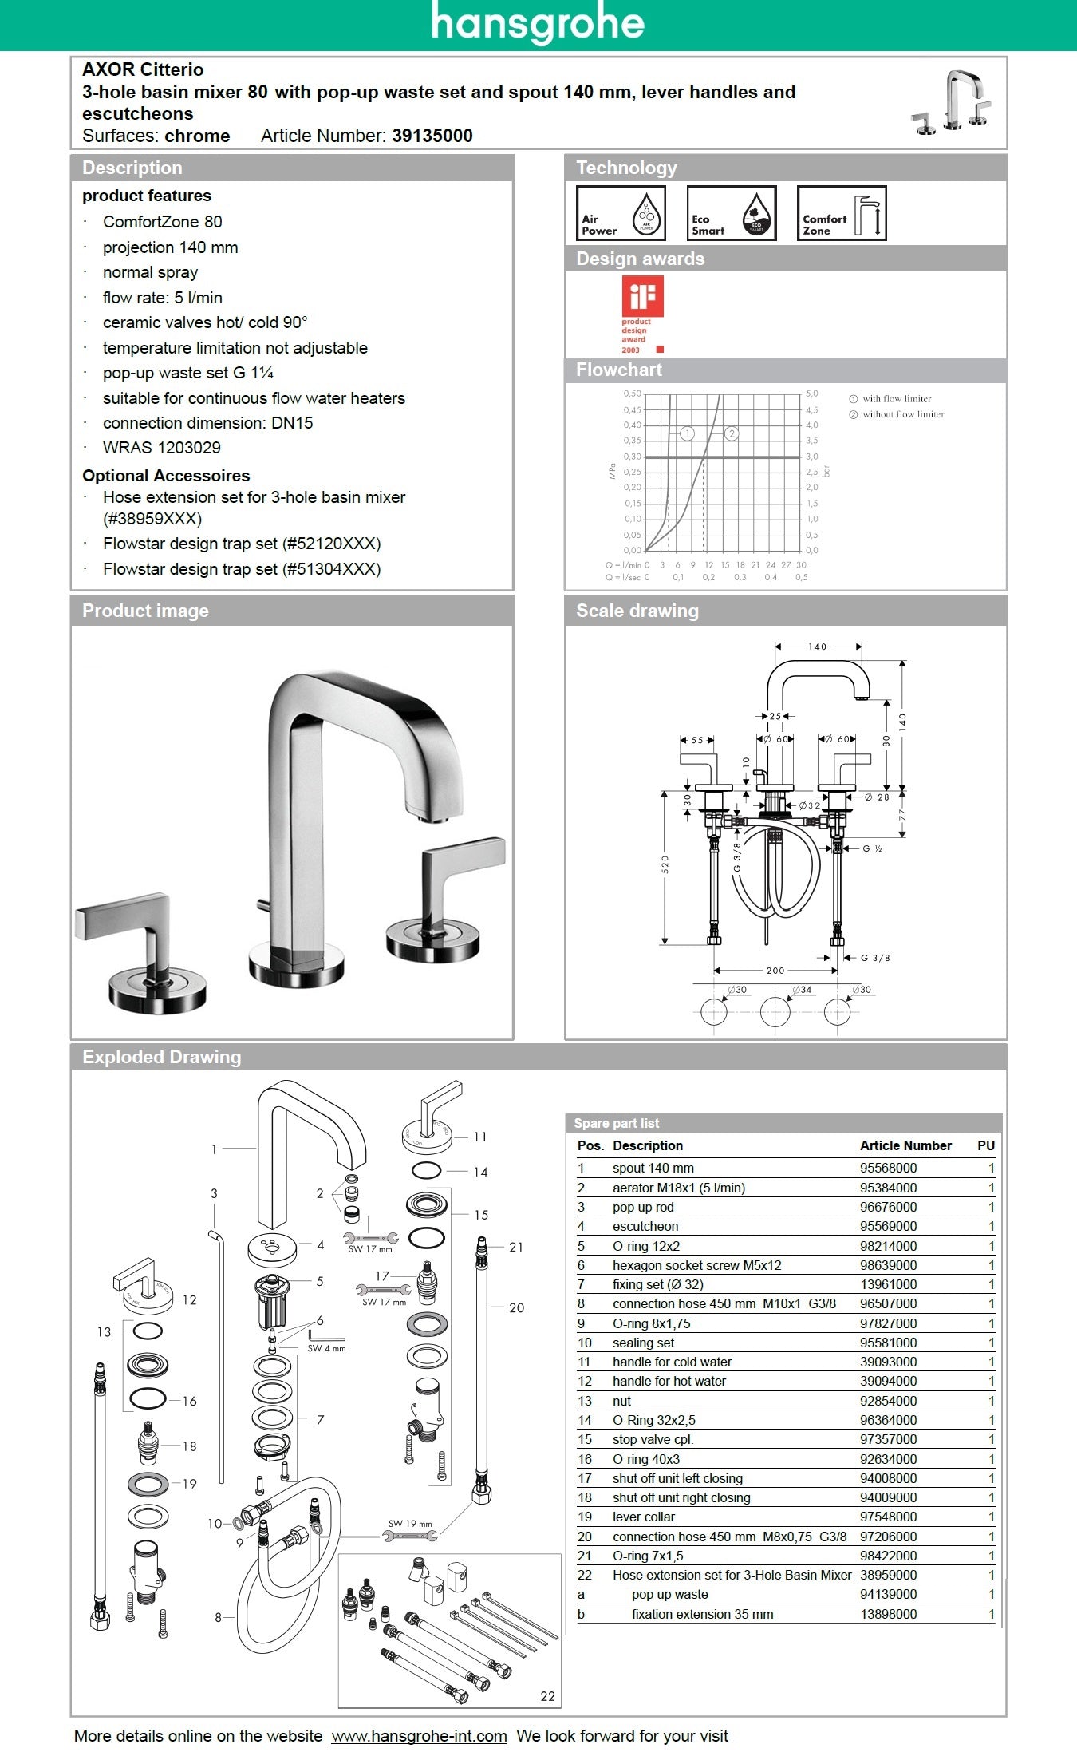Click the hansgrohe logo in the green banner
[538, 24]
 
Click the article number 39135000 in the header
[432, 136]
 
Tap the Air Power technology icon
[621, 213]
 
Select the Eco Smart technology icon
[731, 213]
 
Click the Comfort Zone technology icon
[842, 213]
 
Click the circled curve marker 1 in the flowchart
[687, 433]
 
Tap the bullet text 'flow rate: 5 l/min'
[162, 298]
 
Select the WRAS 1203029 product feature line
[161, 448]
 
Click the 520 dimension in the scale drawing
[665, 864]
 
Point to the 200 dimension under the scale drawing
[775, 971]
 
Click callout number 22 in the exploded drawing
[547, 1696]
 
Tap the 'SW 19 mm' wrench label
[409, 1524]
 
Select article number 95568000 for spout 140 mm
[888, 1168]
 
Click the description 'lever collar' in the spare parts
[643, 1517]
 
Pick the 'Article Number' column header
[905, 1145]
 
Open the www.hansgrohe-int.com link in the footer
[419, 1736]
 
